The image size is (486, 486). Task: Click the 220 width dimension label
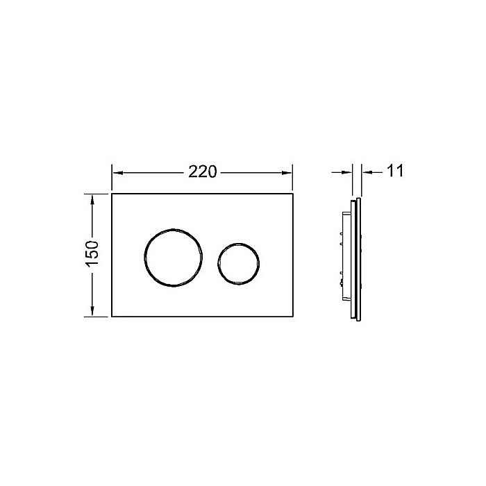coord(202,171)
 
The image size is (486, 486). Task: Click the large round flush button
coord(174,256)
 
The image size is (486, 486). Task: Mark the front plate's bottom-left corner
coord(112,317)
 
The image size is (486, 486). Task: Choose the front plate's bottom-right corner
coord(292,317)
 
